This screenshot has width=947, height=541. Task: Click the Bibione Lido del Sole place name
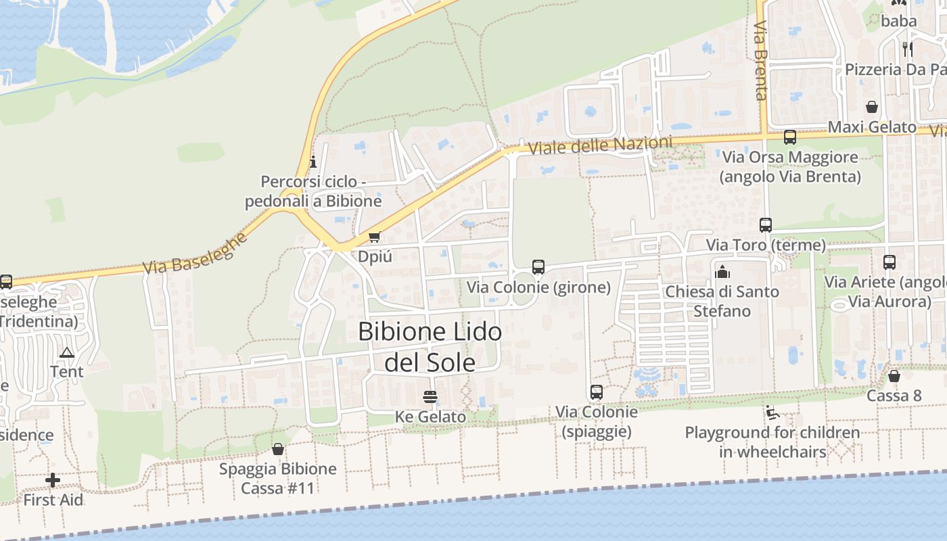click(x=430, y=347)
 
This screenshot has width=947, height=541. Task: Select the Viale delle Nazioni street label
click(x=600, y=145)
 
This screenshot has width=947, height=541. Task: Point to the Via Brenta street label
click(x=761, y=61)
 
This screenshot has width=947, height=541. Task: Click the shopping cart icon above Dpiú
click(x=374, y=237)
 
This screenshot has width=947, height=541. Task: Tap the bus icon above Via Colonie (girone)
click(x=538, y=267)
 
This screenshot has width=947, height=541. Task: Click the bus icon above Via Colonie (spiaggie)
click(x=596, y=392)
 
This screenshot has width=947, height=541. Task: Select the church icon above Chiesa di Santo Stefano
click(x=722, y=272)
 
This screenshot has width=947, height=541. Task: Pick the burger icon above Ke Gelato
click(x=430, y=396)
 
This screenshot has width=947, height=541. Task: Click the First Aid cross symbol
click(x=53, y=480)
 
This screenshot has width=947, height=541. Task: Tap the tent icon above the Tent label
click(x=66, y=352)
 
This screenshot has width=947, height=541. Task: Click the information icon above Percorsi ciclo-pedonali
click(x=313, y=162)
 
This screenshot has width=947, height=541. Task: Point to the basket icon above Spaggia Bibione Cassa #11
click(x=277, y=449)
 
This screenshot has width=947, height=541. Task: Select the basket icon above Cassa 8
click(x=894, y=376)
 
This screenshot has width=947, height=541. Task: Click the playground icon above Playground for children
click(x=772, y=412)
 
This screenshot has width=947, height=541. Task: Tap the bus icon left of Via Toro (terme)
click(x=765, y=225)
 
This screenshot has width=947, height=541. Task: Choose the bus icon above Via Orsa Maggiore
click(x=789, y=137)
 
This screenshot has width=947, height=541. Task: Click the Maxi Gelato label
click(x=872, y=127)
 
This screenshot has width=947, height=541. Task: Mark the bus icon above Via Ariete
click(x=890, y=262)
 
